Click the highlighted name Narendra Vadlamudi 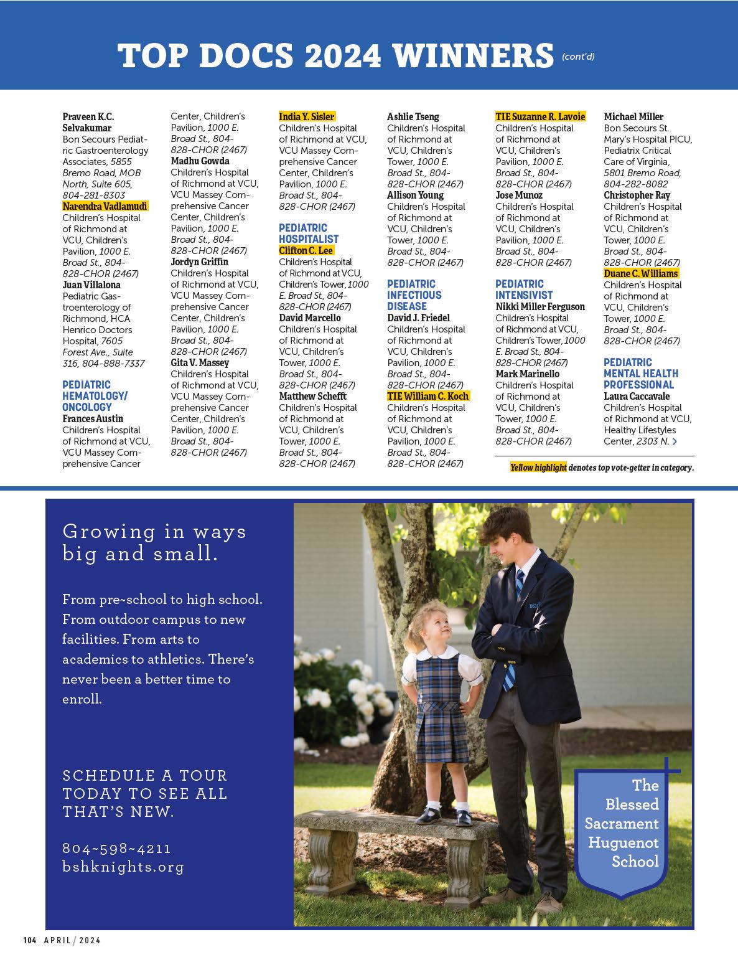(105, 207)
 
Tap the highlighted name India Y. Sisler (307, 116)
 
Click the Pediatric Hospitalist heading (309, 233)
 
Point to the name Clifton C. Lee (306, 250)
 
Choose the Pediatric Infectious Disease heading (414, 295)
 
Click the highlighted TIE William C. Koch (428, 396)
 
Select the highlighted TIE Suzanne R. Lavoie (540, 116)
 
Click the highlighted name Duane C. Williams (640, 273)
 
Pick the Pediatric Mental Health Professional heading (641, 374)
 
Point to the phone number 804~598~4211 (117, 849)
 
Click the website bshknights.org (124, 867)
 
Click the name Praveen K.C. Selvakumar (88, 122)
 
